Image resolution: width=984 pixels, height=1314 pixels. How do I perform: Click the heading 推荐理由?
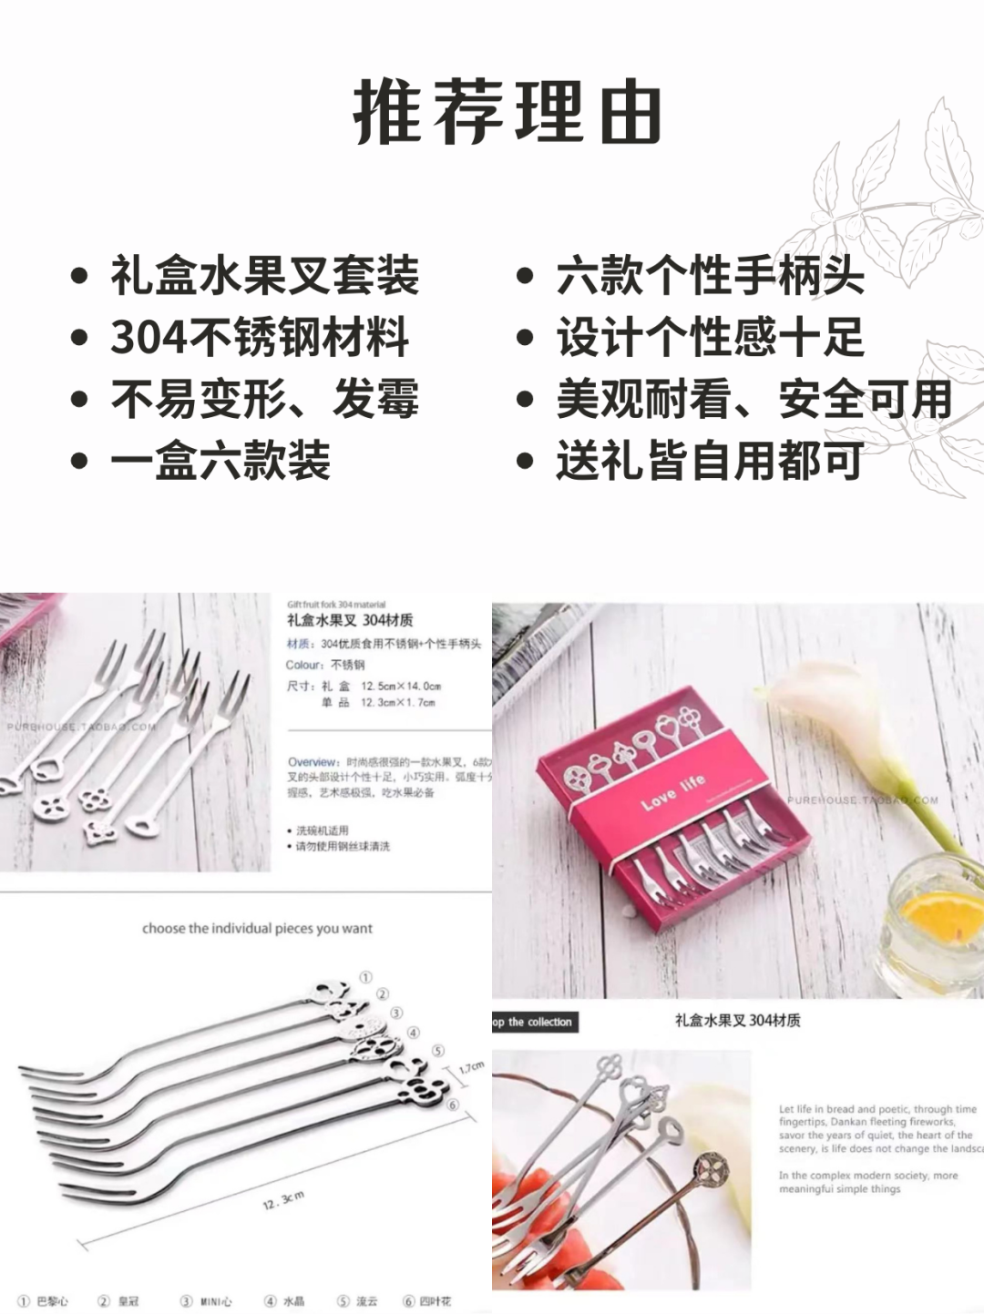point(507,113)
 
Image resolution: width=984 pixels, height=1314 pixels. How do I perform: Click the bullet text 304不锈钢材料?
point(260,338)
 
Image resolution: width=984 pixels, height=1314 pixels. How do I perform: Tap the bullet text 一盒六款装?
point(220,460)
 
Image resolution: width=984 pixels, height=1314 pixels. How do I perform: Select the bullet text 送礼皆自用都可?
point(709,460)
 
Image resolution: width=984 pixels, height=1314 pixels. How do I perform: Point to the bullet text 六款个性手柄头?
point(710,276)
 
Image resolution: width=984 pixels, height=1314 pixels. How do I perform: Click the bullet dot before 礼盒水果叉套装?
point(80,276)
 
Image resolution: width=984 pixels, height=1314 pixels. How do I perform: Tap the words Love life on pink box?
point(672,792)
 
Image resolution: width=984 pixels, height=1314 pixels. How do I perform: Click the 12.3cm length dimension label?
point(283,1200)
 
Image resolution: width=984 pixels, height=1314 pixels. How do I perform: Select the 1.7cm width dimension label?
point(471,1066)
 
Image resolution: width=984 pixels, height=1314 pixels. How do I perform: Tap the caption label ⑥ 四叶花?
point(427,1301)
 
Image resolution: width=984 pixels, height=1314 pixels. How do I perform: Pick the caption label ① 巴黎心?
point(44,1301)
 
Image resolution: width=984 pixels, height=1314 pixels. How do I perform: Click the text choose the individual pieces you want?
point(257,929)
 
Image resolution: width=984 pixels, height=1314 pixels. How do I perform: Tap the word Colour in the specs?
point(303,665)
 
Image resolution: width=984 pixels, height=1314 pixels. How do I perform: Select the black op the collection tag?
point(534,1022)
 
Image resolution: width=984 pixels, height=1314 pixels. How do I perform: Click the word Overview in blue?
point(312,761)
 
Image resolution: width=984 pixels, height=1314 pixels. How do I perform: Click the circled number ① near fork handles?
point(365,977)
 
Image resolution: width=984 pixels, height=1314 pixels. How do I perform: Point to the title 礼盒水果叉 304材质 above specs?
point(350,620)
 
